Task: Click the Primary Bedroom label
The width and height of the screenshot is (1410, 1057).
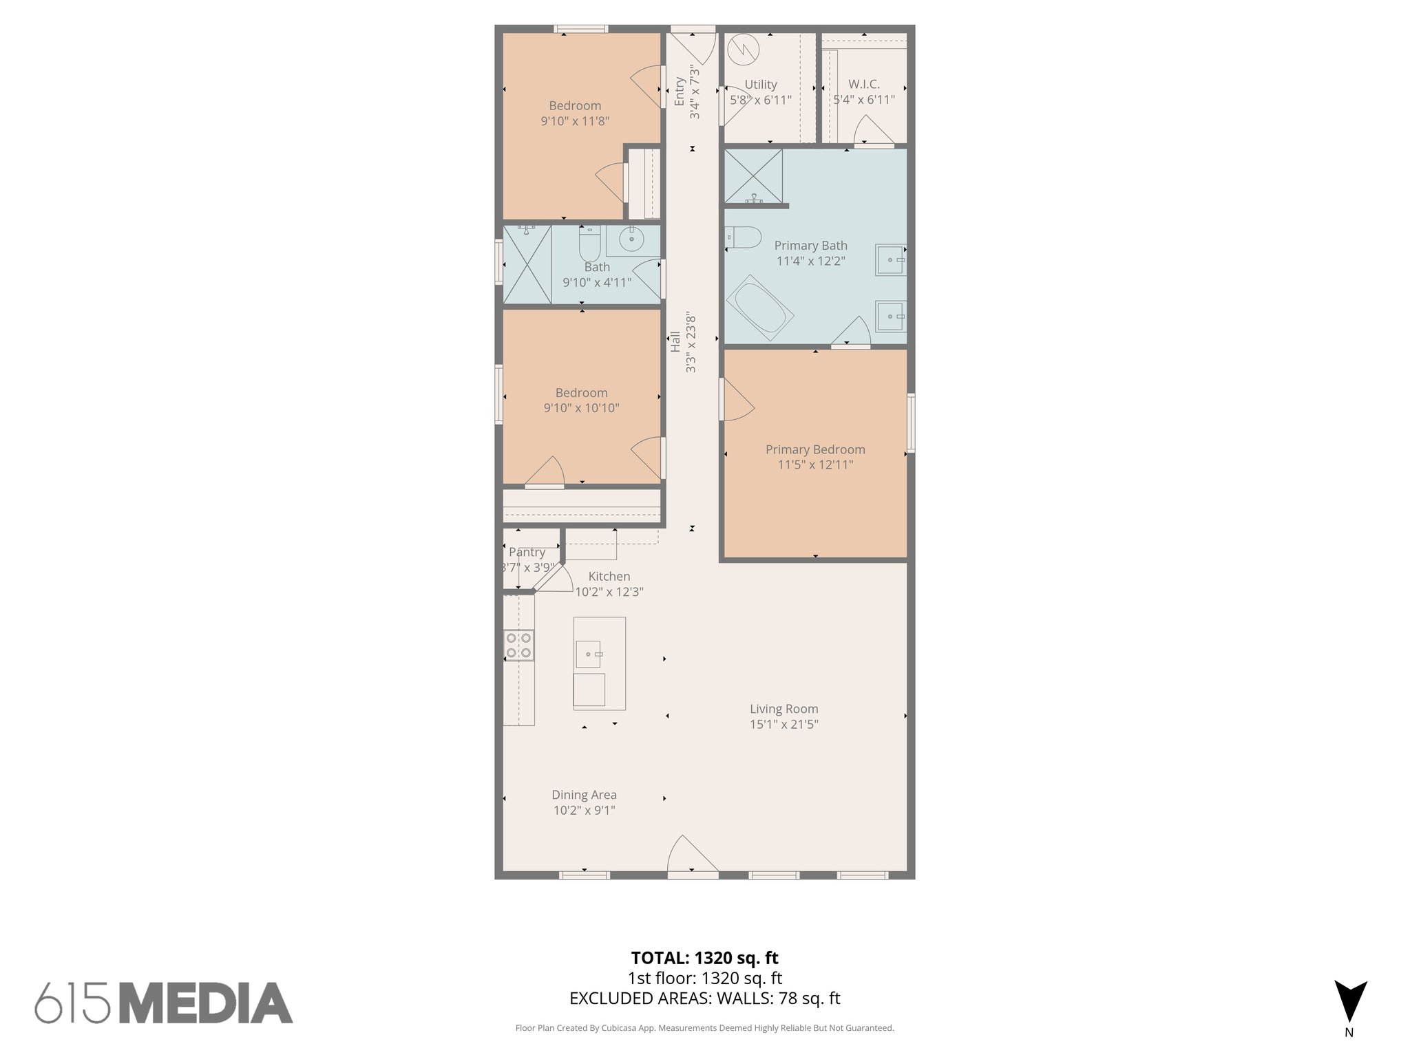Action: (815, 449)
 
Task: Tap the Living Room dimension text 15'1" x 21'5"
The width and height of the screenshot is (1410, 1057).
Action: (783, 724)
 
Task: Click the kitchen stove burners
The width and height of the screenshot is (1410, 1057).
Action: (518, 645)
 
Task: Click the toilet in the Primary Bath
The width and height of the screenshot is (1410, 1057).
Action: (744, 237)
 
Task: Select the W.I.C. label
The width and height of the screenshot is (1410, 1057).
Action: (863, 84)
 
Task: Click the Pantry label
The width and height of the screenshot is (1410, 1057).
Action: (527, 552)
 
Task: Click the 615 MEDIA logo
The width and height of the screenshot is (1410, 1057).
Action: (164, 1003)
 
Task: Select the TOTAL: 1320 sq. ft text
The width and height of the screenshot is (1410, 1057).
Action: (704, 958)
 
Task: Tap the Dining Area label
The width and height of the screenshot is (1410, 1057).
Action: (584, 795)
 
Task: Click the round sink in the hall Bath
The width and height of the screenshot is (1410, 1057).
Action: (631, 239)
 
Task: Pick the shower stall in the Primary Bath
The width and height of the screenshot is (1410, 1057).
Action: (753, 175)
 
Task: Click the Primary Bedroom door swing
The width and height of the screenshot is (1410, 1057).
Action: (737, 401)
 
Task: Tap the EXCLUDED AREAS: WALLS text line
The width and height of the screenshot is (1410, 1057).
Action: (704, 999)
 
